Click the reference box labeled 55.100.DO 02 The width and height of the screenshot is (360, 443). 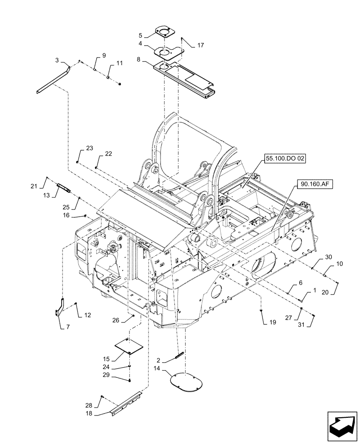pos(286,159)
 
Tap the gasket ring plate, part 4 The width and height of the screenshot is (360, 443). pos(168,53)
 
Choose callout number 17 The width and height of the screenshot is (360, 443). pos(201,45)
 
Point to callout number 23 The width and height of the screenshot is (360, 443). pos(90,149)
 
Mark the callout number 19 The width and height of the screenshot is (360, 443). pos(272,322)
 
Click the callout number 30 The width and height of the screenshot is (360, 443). pos(328,257)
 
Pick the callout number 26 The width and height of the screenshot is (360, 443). pos(117,321)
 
